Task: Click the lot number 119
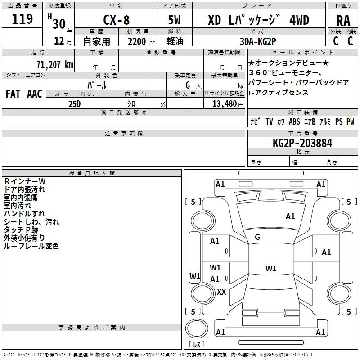[22, 19]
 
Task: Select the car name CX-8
[116, 20]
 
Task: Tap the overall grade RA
[343, 21]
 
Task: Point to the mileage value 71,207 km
[54, 64]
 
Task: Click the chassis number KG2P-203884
[302, 143]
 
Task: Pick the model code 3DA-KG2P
[258, 41]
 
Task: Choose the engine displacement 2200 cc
[141, 41]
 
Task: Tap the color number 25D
[75, 104]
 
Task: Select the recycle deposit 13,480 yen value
[228, 104]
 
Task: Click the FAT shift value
[13, 94]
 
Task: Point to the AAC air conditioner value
[35, 94]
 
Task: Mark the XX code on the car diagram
[221, 292]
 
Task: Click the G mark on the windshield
[257, 237]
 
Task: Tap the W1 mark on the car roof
[271, 268]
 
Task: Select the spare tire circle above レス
[197, 328]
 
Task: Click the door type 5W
[174, 20]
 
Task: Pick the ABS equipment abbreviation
[294, 121]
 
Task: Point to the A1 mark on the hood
[290, 216]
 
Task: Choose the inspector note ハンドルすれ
[24, 214]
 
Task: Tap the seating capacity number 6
[188, 85]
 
